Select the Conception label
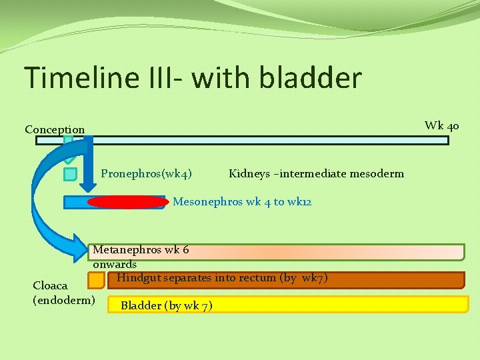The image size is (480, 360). (55, 129)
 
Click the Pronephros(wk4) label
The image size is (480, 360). (147, 174)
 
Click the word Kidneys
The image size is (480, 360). (249, 174)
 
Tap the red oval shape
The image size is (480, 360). (127, 202)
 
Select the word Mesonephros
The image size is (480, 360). (206, 201)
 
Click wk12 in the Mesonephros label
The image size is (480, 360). (300, 201)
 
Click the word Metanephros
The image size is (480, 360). (127, 250)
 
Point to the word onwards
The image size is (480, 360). (115, 264)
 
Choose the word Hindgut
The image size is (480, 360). (137, 277)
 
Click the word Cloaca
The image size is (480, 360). (50, 285)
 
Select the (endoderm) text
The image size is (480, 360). (64, 300)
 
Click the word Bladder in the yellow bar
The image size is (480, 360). (141, 306)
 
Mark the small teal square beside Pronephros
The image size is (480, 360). (70, 174)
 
